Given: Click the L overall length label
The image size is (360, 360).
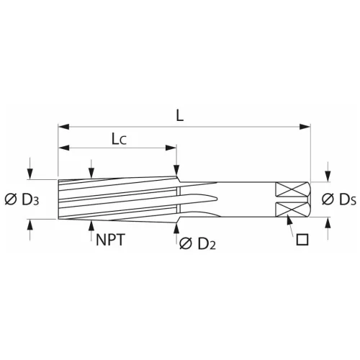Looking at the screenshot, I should pos(178,114).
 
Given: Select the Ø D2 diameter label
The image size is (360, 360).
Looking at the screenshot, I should pos(197,243).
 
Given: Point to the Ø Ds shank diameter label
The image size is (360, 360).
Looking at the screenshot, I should pos(338,199).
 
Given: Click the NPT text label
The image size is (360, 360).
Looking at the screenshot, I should pos(110,240).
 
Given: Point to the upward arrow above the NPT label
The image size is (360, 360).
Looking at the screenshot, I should pos(91,224).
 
